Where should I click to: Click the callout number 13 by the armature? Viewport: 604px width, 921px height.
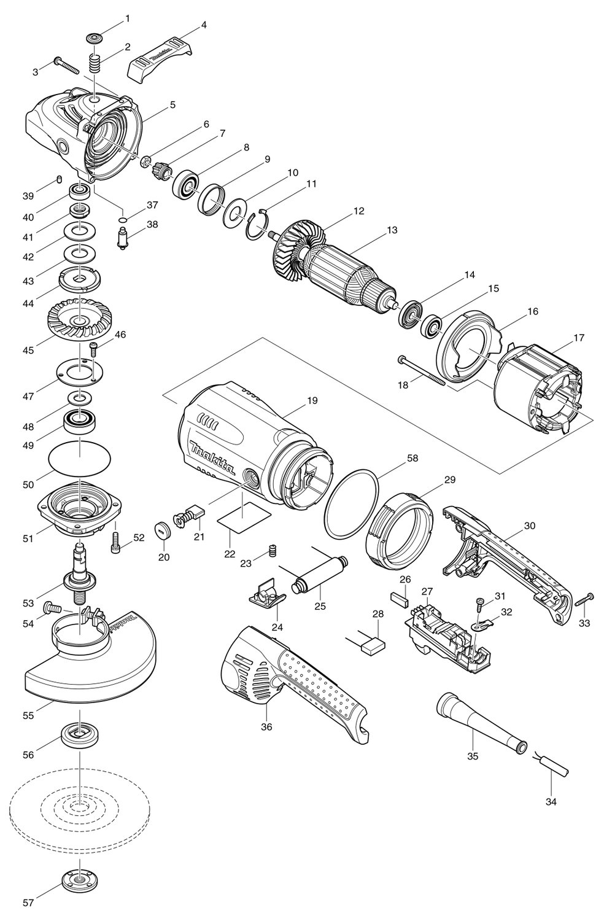click(x=392, y=230)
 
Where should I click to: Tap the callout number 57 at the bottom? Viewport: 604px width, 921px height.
click(x=28, y=903)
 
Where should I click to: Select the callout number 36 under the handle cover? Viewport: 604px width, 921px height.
click(x=266, y=726)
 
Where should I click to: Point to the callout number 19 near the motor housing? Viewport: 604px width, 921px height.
click(x=312, y=400)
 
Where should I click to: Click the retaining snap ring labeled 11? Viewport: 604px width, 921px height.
click(x=257, y=225)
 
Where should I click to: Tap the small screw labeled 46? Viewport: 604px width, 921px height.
click(x=94, y=349)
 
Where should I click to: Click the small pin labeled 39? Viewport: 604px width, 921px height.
click(x=59, y=179)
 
